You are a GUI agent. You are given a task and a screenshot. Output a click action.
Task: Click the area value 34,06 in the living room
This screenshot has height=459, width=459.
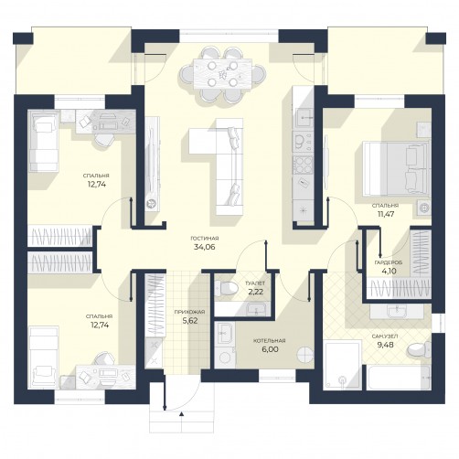click(x=205, y=247)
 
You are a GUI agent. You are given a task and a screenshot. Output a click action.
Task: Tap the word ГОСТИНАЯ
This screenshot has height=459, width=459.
click(x=205, y=239)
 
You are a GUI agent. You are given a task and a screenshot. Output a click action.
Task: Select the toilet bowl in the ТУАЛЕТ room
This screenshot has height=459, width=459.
click(x=226, y=288)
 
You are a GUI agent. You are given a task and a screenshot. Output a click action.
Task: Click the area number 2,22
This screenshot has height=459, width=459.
click(x=256, y=292)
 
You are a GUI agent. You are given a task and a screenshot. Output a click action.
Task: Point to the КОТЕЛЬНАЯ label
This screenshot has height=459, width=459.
click(x=270, y=341)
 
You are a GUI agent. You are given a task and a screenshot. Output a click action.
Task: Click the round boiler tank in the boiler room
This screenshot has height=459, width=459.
click(x=305, y=355)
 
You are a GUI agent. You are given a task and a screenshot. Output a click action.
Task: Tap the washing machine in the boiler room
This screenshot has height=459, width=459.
click(x=225, y=358)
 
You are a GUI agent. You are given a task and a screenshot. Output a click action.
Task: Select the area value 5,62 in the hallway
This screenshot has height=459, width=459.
click(x=189, y=321)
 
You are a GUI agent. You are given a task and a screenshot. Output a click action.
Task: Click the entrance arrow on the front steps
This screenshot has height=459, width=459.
click(x=182, y=414)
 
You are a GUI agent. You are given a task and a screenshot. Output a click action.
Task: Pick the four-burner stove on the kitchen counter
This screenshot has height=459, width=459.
click(x=303, y=165)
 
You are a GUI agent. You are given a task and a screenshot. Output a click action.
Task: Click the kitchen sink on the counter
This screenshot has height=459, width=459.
click(x=303, y=117)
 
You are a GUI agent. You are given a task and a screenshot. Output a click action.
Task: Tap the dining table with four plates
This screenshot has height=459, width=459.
click(x=222, y=74)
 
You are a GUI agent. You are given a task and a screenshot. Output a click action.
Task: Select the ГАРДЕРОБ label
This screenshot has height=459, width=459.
click(x=389, y=262)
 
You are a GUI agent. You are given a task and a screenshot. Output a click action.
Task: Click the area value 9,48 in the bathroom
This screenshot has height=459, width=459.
click(x=385, y=345)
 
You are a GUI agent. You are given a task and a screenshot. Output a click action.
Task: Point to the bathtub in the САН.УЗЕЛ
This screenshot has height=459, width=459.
click(x=399, y=378)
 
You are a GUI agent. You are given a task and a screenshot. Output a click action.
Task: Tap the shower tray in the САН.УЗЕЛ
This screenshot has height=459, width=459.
click(x=343, y=365)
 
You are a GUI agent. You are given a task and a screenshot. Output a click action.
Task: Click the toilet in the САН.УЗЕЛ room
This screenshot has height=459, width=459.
click(x=419, y=349)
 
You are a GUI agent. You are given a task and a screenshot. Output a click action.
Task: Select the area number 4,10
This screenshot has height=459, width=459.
click(x=389, y=271)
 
